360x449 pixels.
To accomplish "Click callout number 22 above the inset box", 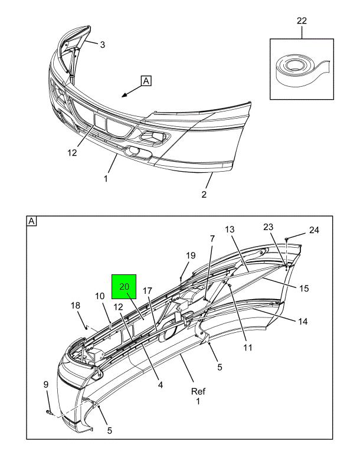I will click(x=302, y=21).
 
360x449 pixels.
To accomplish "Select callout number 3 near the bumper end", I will click(x=102, y=45).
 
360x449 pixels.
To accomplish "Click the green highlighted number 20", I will click(x=125, y=286).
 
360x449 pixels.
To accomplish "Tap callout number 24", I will click(x=313, y=230).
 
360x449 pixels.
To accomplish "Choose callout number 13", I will click(x=230, y=229).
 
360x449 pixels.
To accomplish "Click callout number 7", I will click(x=212, y=239).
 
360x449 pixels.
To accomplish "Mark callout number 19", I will click(x=191, y=255).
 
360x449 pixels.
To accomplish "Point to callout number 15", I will click(x=304, y=289).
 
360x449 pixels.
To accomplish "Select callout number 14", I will click(x=303, y=322).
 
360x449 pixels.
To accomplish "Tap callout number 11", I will click(x=247, y=348).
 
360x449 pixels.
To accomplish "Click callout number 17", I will click(x=147, y=291).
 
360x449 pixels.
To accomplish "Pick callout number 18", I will click(x=75, y=305).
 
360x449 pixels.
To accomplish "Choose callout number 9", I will click(x=46, y=385).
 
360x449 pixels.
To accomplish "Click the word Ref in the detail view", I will click(x=198, y=391).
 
